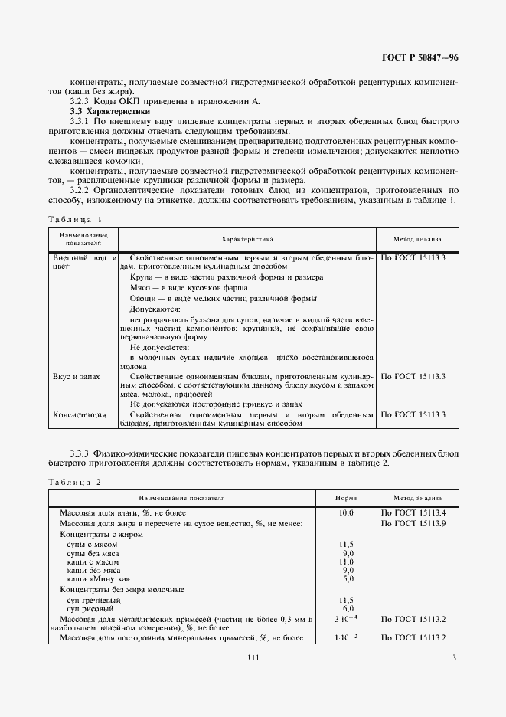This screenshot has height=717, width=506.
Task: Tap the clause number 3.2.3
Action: pos(81,101)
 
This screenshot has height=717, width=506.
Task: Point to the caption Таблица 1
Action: pos(74,219)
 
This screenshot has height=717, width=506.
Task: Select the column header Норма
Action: pos(348,497)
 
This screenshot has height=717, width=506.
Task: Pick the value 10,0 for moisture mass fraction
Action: pos(347,512)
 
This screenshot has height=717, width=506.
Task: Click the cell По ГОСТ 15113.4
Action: pos(413,512)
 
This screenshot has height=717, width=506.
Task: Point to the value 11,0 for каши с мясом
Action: pos(347,561)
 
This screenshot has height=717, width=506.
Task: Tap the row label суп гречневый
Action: pos(94,600)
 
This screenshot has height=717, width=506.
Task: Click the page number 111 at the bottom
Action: pos(253,658)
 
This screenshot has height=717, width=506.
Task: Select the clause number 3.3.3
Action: pos(81,454)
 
